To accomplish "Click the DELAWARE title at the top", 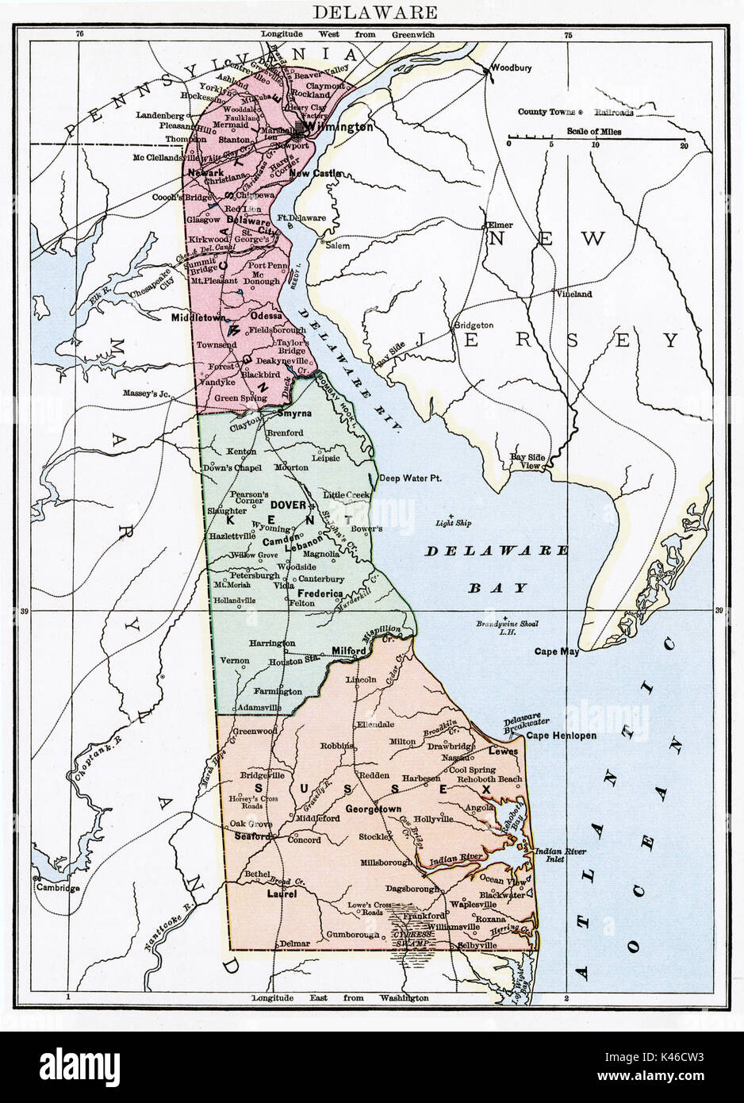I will pos(372,13).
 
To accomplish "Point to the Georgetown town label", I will pos(373,808).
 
